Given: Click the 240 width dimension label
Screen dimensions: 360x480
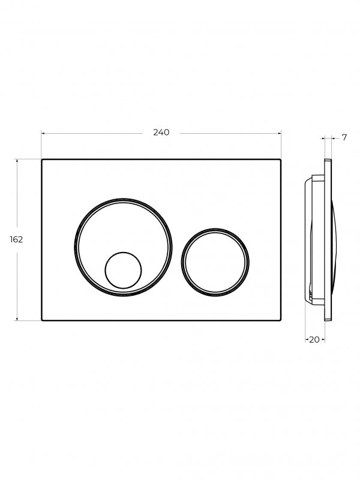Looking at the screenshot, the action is tap(161, 133).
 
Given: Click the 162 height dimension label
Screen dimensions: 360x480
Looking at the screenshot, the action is tap(16, 239).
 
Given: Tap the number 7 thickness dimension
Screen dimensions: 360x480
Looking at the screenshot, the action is tap(344, 138).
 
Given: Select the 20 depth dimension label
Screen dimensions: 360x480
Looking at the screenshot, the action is tap(314, 340).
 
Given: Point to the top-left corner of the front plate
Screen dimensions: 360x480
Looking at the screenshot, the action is tap(41, 159).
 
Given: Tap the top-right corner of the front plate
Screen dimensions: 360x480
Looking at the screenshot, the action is tap(281, 159).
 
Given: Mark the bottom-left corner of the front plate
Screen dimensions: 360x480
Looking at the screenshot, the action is tap(41, 320).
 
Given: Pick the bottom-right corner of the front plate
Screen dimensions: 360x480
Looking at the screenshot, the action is tap(281, 320).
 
